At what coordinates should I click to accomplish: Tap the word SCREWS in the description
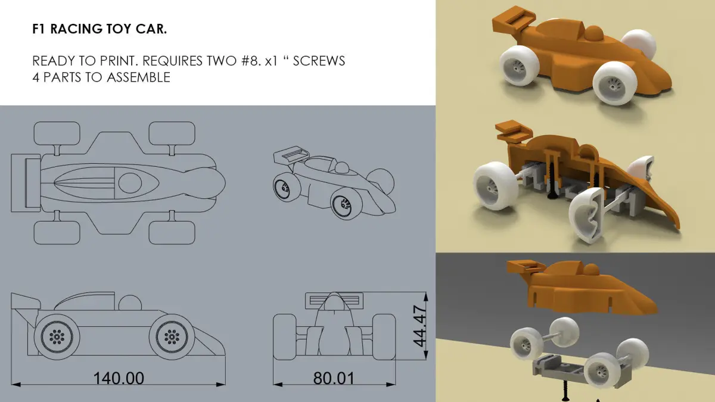click(x=319, y=61)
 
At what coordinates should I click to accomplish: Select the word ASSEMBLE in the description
click(x=138, y=77)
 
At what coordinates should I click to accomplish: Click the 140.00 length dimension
click(x=119, y=378)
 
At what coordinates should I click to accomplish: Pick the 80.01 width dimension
click(x=334, y=378)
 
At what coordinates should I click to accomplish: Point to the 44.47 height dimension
click(x=419, y=326)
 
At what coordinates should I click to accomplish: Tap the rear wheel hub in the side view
click(x=57, y=336)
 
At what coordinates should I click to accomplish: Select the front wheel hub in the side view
click(x=172, y=336)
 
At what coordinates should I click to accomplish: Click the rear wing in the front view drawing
click(x=334, y=301)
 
